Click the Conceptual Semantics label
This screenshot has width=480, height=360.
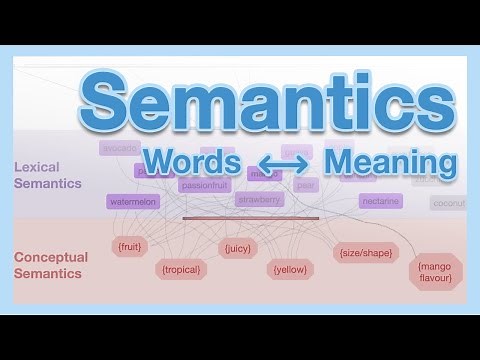[51, 264]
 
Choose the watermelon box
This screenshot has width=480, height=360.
[133, 202]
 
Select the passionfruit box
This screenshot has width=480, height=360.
[205, 185]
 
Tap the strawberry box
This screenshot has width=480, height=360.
[260, 200]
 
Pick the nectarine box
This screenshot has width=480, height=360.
[380, 201]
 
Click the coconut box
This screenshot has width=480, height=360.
[448, 202]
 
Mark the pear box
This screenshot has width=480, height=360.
[306, 185]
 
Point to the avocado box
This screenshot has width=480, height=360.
[119, 148]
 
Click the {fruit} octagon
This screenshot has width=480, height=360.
[129, 247]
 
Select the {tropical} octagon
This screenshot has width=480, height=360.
[181, 269]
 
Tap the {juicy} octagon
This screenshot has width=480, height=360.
[238, 248]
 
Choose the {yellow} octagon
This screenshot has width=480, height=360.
[290, 269]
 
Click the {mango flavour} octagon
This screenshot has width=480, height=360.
[436, 271]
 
